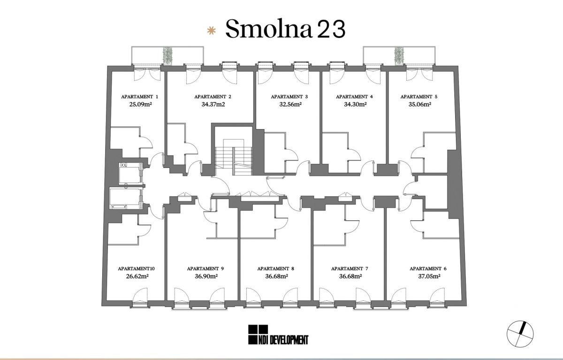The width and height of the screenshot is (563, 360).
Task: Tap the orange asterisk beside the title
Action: pyautogui.click(x=211, y=31)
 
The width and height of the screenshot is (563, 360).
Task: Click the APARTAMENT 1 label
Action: pyautogui.click(x=140, y=97)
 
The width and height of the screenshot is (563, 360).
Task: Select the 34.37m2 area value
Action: pyautogui.click(x=213, y=104)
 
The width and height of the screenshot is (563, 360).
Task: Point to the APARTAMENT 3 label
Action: pyautogui.click(x=289, y=97)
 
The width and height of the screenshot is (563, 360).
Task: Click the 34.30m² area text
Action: pyautogui.click(x=355, y=104)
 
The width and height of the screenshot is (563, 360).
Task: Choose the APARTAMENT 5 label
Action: pyautogui.click(x=419, y=97)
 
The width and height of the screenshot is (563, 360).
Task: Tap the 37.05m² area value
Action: pyautogui.click(x=429, y=276)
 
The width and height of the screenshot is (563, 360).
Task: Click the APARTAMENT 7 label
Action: pyautogui.click(x=350, y=269)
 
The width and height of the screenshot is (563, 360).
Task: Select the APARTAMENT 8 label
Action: pyautogui.click(x=276, y=269)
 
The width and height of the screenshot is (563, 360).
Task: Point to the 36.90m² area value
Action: pyautogui.click(x=206, y=276)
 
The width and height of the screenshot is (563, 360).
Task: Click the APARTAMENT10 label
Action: pyautogui.click(x=136, y=269)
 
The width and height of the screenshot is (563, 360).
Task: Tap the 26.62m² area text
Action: pyautogui.click(x=137, y=276)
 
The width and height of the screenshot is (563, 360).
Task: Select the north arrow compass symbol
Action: pyautogui.click(x=520, y=334)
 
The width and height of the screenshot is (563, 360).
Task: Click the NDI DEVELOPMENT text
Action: pyautogui.click(x=283, y=340)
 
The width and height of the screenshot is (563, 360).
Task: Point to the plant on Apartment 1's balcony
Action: pyautogui.click(x=167, y=55)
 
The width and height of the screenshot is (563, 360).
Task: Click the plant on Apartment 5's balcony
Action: pyautogui.click(x=399, y=55)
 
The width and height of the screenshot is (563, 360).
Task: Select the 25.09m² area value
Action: pyautogui.click(x=140, y=104)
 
